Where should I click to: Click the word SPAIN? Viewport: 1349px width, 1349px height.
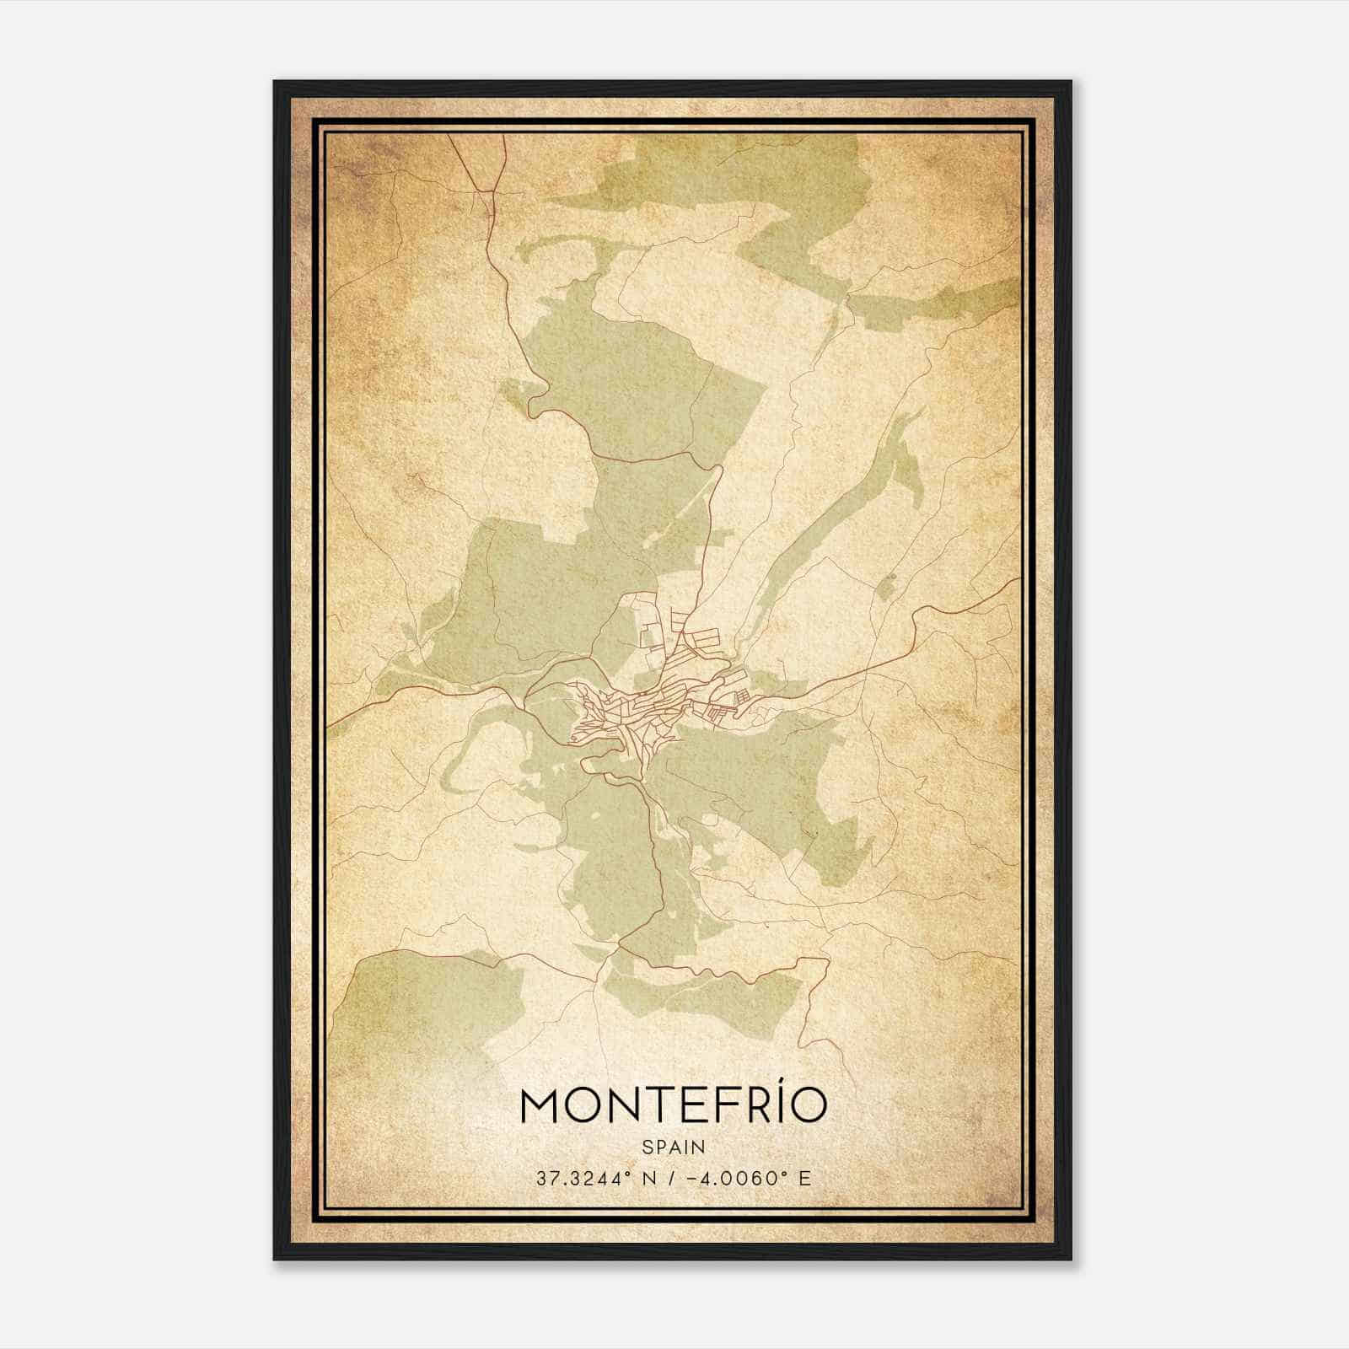[673, 1147]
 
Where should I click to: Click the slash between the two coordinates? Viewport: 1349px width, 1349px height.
[670, 1178]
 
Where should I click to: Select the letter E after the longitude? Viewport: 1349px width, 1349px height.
[805, 1178]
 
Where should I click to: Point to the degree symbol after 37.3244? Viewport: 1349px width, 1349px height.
[627, 1173]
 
